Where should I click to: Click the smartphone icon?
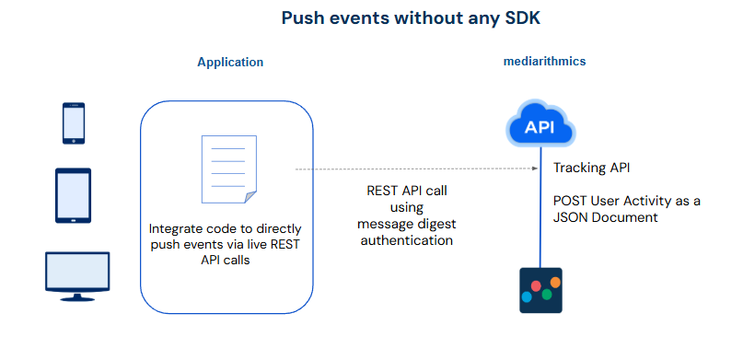74,123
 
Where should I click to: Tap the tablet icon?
73,195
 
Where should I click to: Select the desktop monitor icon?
77,276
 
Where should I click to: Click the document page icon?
229,169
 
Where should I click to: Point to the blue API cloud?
540,123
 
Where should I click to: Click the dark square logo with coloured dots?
540,290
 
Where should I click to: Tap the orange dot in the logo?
555,283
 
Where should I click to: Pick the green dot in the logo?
547,295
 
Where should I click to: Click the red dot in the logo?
536,285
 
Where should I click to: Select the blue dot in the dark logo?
527,297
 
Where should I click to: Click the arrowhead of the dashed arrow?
535,168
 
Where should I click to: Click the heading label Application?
230,62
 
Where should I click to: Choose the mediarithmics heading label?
544,61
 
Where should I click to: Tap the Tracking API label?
592,168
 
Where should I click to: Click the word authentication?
407,240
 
